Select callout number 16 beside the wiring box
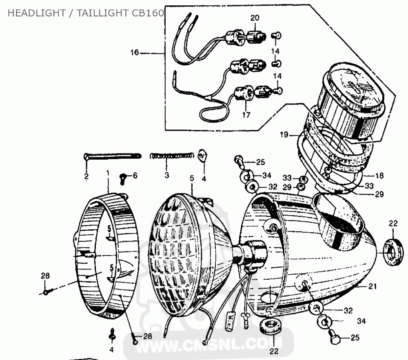pos(135,53)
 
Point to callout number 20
pos(255,18)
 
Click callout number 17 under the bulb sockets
pos(246,115)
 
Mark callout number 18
pos(379,176)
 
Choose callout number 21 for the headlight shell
pos(371,287)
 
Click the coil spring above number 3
pos(172,155)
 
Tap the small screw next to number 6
pos(122,177)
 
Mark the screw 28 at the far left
pos(46,291)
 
